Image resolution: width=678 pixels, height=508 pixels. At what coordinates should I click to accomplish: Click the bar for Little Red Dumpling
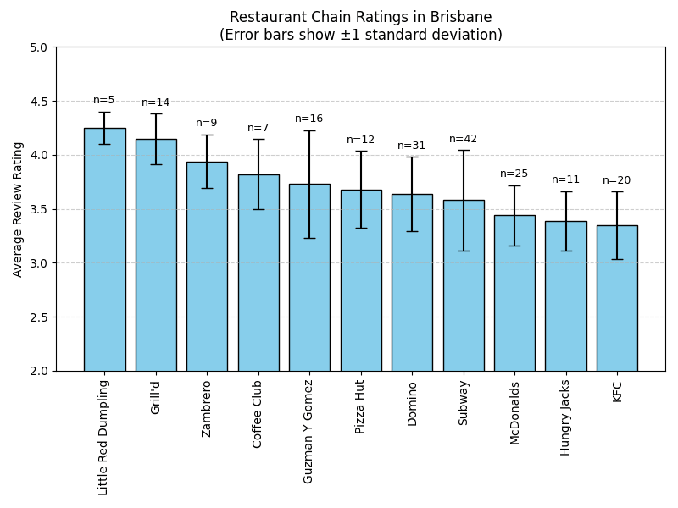(104, 254)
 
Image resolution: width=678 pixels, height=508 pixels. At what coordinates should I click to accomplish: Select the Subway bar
(464, 288)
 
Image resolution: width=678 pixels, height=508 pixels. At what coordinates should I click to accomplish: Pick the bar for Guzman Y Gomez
(309, 279)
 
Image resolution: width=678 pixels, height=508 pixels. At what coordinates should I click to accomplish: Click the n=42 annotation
(464, 139)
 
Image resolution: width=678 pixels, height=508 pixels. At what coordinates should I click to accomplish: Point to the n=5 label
(104, 100)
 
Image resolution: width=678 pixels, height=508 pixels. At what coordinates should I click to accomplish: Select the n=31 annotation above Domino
(412, 146)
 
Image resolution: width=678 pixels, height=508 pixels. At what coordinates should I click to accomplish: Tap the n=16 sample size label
(309, 119)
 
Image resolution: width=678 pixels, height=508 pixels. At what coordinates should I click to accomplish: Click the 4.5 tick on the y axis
(39, 102)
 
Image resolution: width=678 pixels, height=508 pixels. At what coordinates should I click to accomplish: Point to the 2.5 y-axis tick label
(39, 317)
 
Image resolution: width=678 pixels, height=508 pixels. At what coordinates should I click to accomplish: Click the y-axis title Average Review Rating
(18, 209)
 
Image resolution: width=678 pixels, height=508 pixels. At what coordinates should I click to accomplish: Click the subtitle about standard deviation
(361, 35)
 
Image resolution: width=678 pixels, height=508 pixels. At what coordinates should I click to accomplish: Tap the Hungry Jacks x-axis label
(566, 417)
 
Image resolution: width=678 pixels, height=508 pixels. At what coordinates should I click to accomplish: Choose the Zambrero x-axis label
(207, 408)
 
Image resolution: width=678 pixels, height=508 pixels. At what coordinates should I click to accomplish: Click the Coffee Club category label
(258, 413)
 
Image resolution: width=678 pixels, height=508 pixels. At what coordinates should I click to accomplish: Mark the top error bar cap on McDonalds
(514, 185)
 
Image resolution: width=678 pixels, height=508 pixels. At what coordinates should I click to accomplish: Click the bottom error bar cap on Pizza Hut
(361, 228)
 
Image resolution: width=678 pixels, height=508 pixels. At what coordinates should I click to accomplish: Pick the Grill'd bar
(156, 254)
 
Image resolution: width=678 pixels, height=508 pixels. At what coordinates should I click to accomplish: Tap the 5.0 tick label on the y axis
(39, 47)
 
